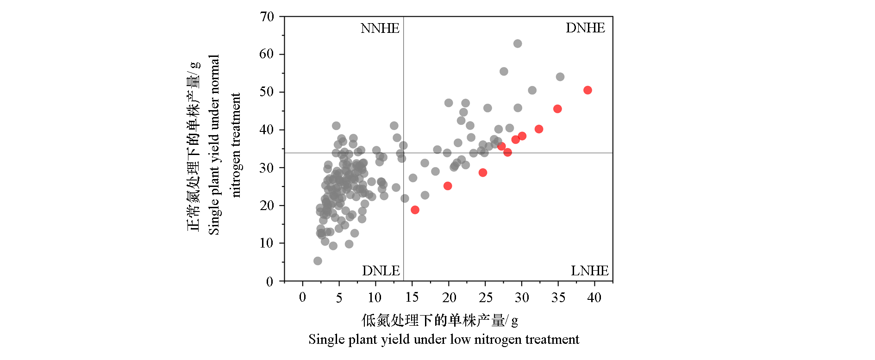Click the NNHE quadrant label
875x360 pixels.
point(380,28)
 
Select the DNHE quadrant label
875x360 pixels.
point(585,28)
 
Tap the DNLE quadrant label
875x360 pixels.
point(381,271)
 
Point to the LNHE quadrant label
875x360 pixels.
point(589,271)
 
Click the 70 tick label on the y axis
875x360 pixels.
point(267,17)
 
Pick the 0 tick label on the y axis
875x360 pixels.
point(269,282)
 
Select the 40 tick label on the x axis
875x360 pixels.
point(594,298)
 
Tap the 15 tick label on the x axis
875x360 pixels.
point(412,298)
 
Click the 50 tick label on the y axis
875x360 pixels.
point(267,92)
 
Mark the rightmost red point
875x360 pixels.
point(587,90)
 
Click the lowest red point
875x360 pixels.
point(415,210)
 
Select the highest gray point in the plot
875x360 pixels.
point(518,43)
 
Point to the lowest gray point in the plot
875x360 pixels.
point(318,261)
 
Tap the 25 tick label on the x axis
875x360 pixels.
point(485,298)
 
